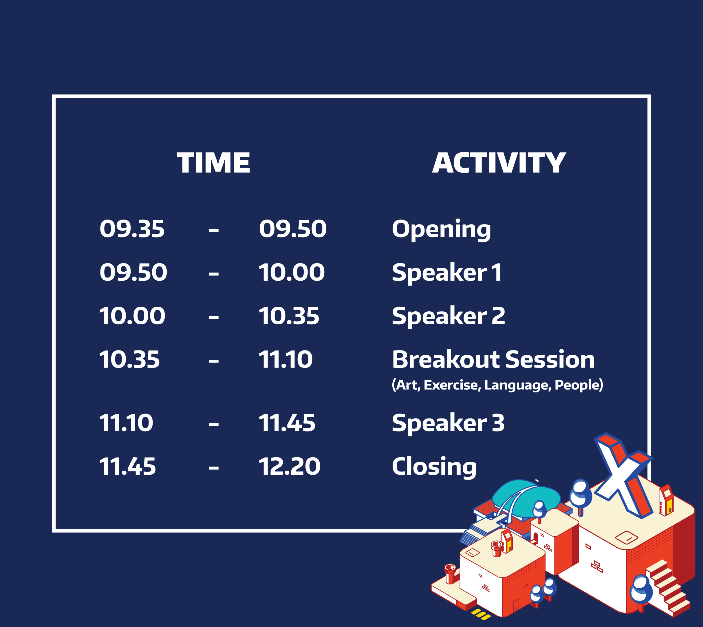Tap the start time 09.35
[132, 229]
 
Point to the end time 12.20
[289, 467]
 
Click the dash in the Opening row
[214, 230]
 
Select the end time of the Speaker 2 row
[289, 316]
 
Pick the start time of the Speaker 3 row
[126, 423]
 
